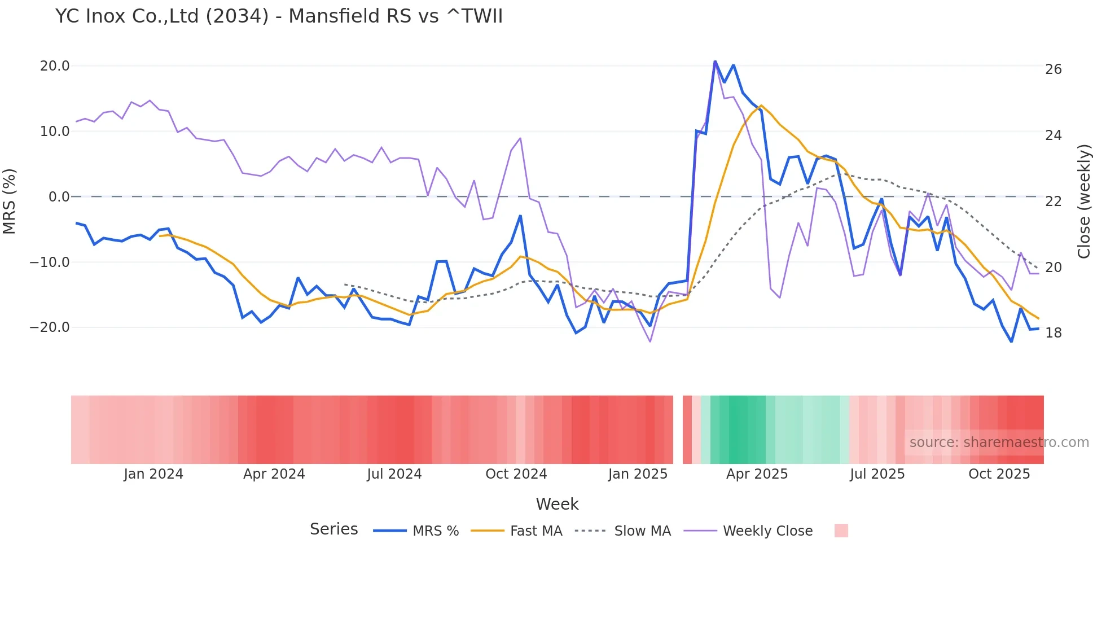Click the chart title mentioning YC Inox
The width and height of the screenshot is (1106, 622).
(279, 16)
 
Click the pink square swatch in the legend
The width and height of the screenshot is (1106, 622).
(841, 531)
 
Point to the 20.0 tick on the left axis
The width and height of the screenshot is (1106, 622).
(55, 66)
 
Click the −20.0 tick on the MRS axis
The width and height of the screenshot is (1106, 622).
(50, 327)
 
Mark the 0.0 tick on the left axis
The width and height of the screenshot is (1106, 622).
(59, 197)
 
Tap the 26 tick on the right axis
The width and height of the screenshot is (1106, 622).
(1053, 69)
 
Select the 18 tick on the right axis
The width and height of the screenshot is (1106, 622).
(1053, 333)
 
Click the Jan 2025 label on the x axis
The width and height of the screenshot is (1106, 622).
(638, 474)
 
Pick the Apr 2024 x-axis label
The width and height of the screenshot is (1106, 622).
(274, 474)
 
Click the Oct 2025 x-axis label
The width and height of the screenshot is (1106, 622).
(999, 474)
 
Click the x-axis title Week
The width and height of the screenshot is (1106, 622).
(557, 504)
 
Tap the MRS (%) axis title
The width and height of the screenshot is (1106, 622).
(9, 201)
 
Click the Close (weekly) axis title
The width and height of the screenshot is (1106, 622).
(1084, 201)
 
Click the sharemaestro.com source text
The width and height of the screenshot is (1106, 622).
(999, 443)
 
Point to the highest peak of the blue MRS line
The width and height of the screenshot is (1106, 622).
(715, 61)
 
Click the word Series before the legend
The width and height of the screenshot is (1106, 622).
(333, 529)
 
